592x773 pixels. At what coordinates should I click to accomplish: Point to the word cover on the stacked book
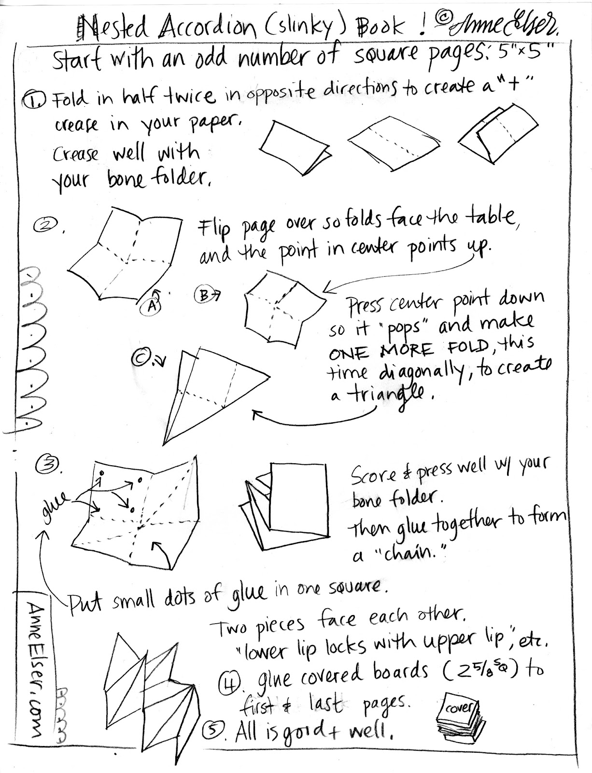[459, 709]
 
